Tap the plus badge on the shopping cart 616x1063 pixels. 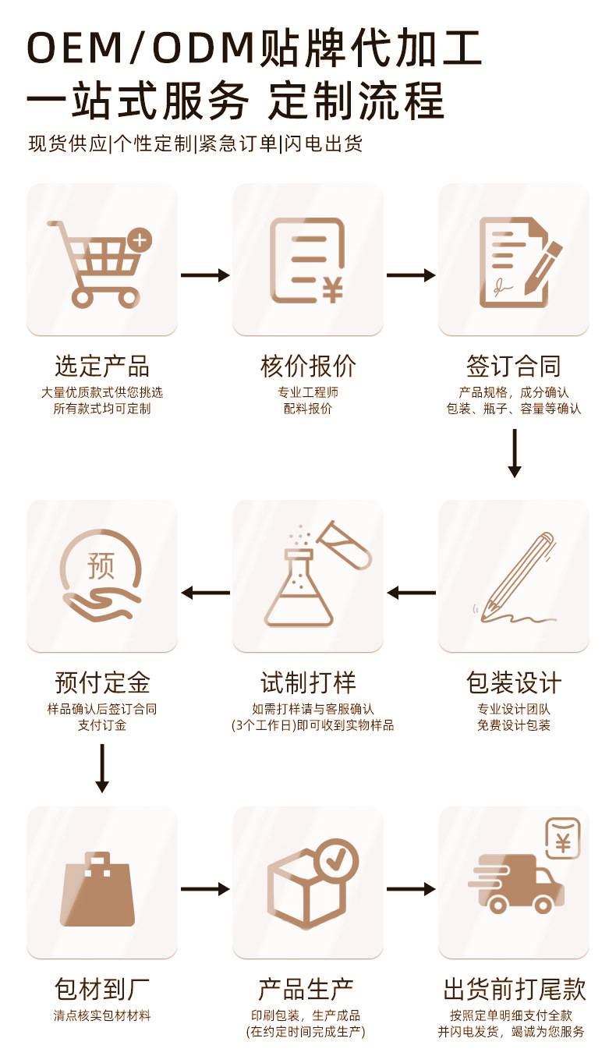pyautogui.click(x=141, y=239)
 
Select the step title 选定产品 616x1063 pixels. pyautogui.click(x=101, y=366)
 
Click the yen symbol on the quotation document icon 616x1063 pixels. pyautogui.click(x=333, y=291)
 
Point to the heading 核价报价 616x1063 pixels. pyautogui.click(x=308, y=366)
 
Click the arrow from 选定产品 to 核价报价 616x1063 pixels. pyautogui.click(x=205, y=275)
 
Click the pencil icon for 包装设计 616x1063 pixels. pyautogui.click(x=517, y=577)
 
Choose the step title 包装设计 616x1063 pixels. pyautogui.click(x=514, y=683)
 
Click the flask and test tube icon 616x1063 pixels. pyautogui.click(x=312, y=577)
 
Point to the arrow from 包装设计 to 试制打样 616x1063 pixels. pyautogui.click(x=411, y=593)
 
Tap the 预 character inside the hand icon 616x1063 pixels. pyautogui.click(x=101, y=565)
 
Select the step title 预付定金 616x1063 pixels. pyautogui.click(x=101, y=683)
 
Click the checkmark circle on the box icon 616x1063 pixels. pyautogui.click(x=338, y=859)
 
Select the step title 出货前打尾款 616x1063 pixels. pyautogui.click(x=514, y=990)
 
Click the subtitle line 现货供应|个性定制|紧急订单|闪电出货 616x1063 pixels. pyautogui.click(x=196, y=144)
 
